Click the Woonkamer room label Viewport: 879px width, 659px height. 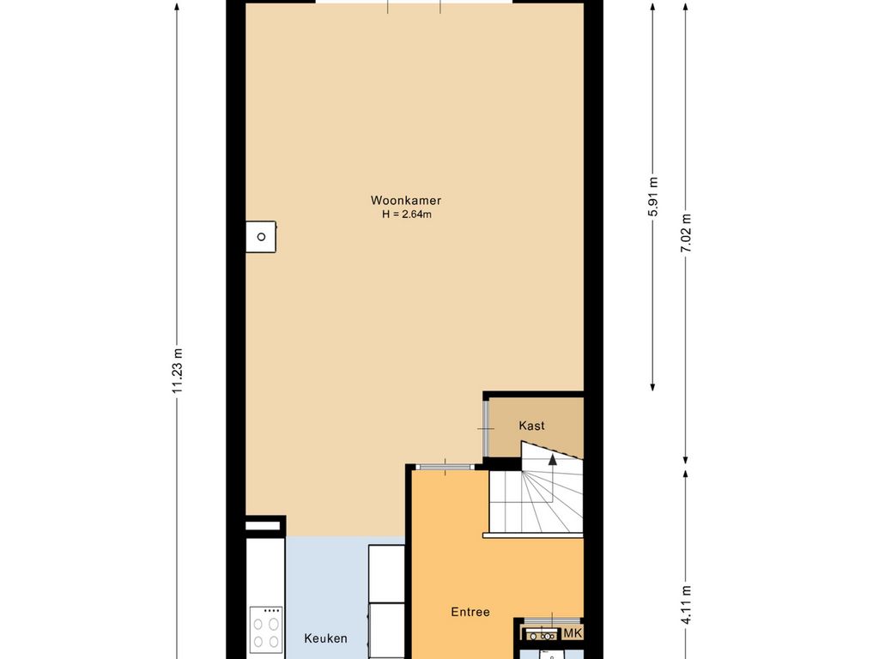point(406,201)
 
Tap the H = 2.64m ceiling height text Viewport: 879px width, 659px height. point(407,214)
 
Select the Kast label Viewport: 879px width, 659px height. point(531,426)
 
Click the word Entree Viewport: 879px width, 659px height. point(470,612)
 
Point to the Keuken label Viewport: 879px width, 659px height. point(325,638)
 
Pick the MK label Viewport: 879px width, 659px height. point(573,633)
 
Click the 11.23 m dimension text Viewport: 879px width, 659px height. point(178,371)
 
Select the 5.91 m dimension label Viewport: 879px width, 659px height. point(653,196)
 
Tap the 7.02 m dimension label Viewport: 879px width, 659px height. point(686,233)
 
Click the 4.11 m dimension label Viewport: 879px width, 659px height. point(686,604)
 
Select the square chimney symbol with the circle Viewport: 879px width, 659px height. point(261,237)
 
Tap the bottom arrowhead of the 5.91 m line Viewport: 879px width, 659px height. point(652,387)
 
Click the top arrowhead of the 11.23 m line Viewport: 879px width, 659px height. point(177,7)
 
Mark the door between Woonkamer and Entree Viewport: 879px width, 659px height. point(446,466)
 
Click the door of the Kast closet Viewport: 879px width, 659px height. point(486,428)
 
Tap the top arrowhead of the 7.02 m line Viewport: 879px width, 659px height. point(685,7)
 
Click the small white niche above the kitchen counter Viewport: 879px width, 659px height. point(263,526)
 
